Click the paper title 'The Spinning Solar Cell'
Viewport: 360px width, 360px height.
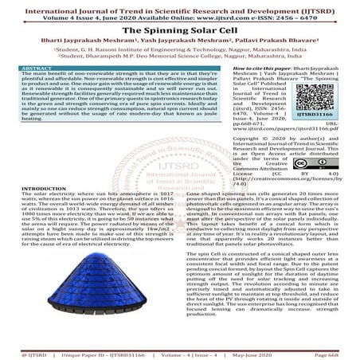[x=179, y=28]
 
